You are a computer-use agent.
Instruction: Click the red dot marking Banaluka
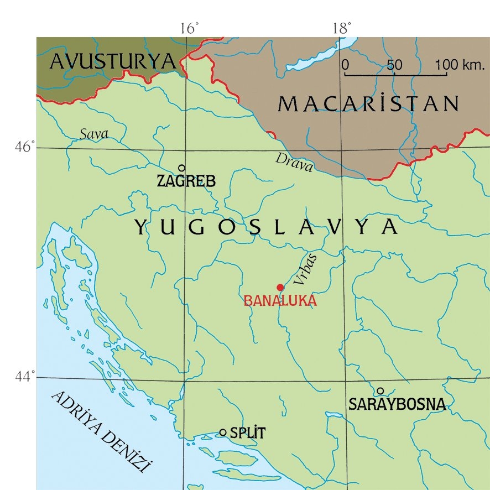[x=280, y=287]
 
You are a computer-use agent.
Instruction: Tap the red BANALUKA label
[x=280, y=301]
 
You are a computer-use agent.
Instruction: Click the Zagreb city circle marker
[x=181, y=168]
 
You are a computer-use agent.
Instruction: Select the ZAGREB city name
[x=186, y=181]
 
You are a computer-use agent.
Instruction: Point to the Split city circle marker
[x=223, y=432]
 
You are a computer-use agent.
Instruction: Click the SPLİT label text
[x=247, y=434]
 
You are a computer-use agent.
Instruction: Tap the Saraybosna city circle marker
[x=380, y=391]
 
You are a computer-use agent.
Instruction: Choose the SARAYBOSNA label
[x=397, y=405]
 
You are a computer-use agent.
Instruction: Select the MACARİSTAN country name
[x=369, y=103]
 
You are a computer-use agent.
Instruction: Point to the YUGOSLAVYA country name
[x=266, y=227]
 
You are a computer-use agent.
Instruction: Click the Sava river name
[x=93, y=134]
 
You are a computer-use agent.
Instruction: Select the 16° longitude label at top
[x=189, y=28]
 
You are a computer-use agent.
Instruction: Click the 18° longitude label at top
[x=342, y=28]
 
